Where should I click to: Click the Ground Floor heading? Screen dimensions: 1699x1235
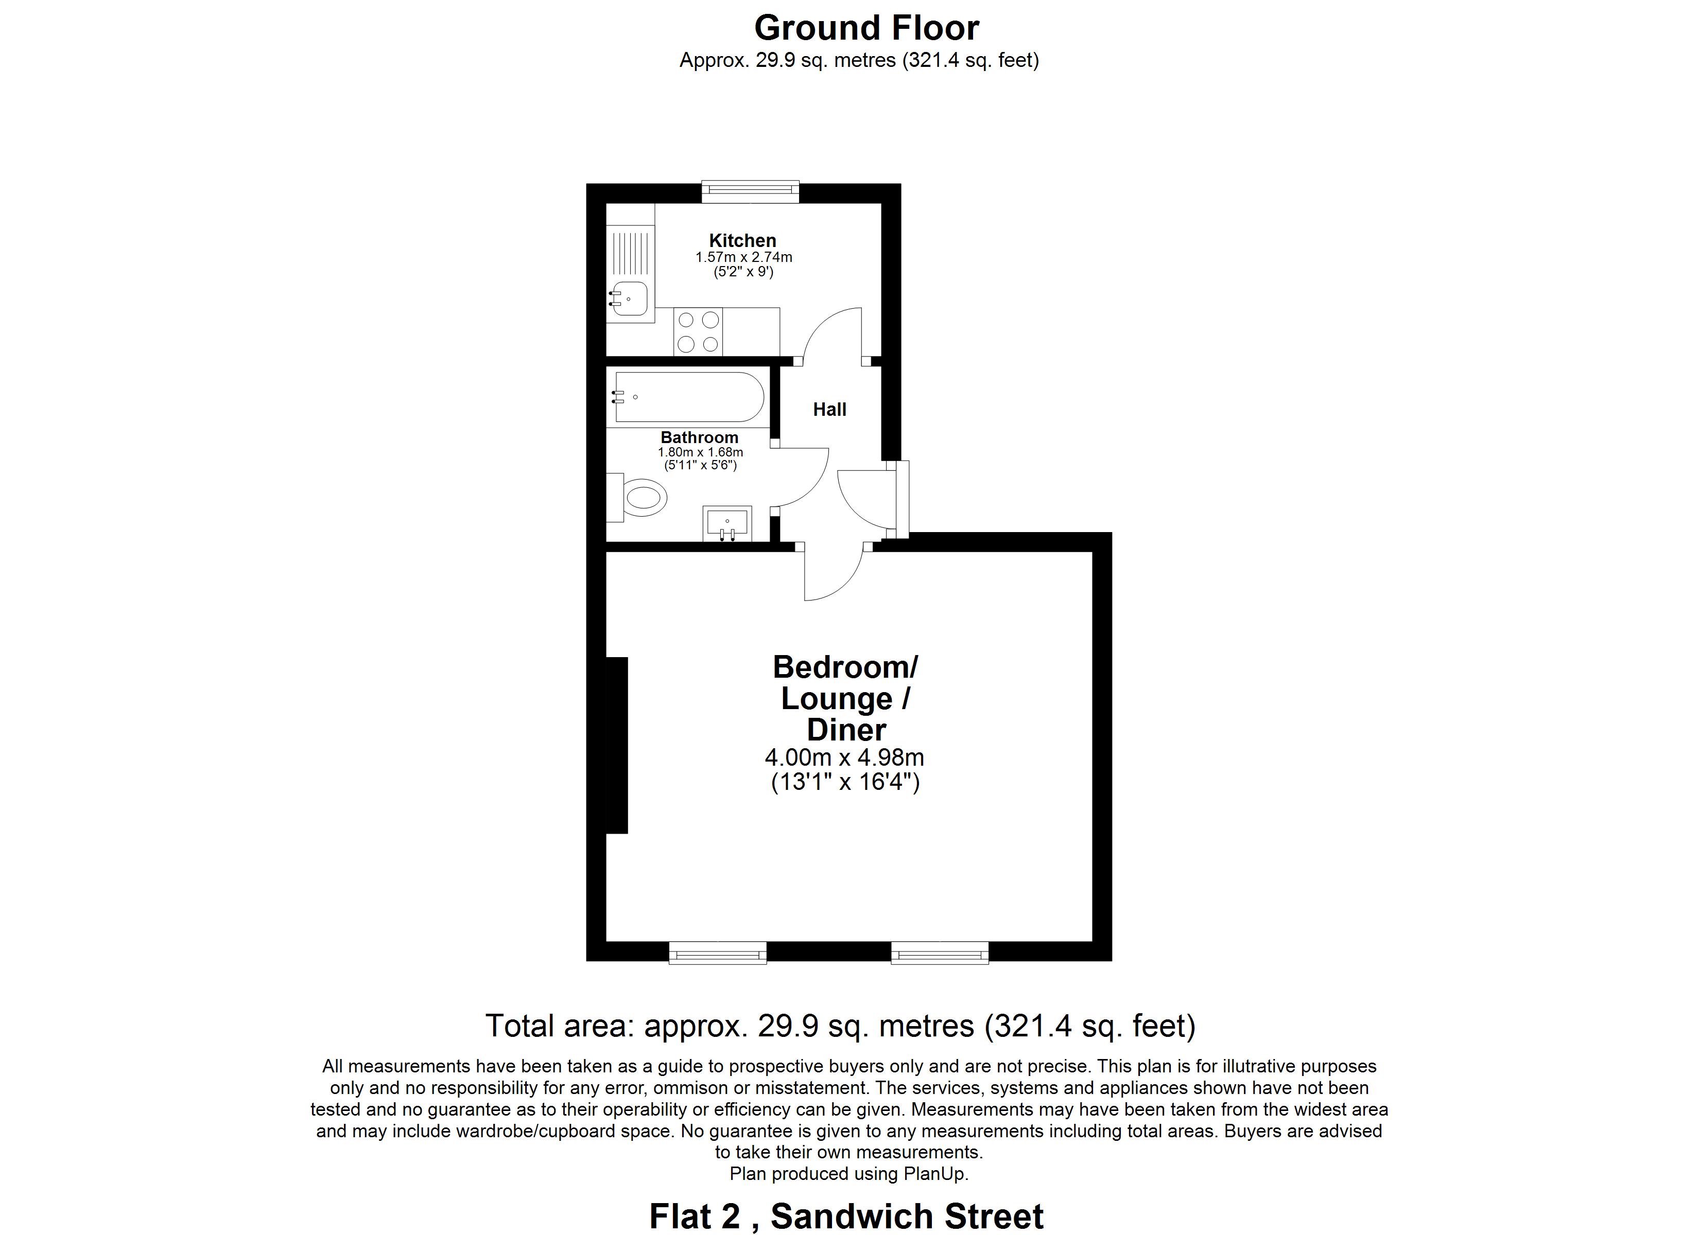[866, 28]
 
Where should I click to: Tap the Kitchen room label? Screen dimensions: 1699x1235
[742, 240]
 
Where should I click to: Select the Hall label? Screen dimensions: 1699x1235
[829, 409]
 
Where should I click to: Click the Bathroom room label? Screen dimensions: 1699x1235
[699, 437]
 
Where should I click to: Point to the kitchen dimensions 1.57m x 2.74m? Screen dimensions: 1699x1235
[743, 257]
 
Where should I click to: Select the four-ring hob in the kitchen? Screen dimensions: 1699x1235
[698, 331]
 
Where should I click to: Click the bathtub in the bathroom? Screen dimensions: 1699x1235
[688, 397]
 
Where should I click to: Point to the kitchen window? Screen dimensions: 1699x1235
[750, 192]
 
